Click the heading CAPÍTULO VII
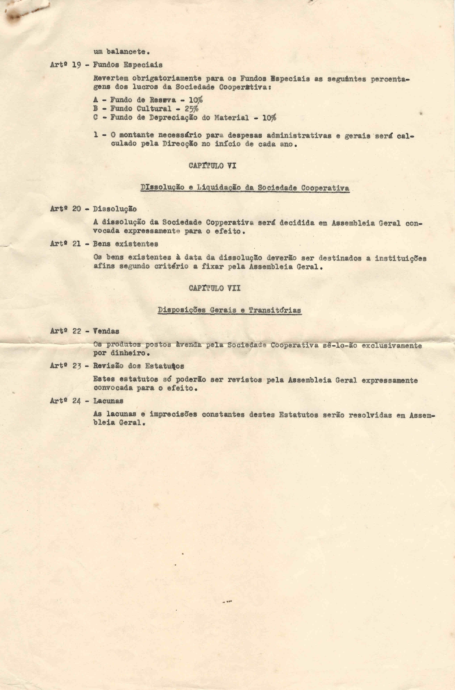click(x=214, y=288)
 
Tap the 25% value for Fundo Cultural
click(x=192, y=109)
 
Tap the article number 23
click(x=77, y=366)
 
